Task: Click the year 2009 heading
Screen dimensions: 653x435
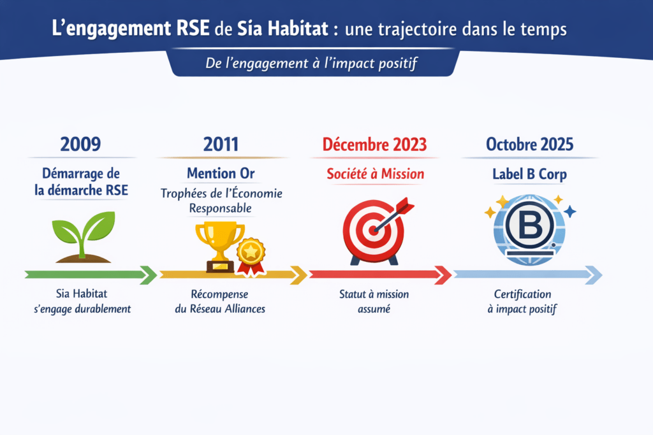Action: point(80,145)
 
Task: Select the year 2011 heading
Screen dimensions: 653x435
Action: point(221,145)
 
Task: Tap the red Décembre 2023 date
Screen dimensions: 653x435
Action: point(374,145)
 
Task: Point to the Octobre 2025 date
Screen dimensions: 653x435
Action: point(530,145)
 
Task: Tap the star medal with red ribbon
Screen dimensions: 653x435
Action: point(251,256)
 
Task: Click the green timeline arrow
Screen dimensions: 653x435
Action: point(91,275)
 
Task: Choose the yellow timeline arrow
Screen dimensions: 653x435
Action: point(233,275)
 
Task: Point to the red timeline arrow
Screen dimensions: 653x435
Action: point(380,275)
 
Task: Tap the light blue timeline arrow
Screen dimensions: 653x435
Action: point(527,275)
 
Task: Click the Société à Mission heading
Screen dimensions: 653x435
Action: point(375,174)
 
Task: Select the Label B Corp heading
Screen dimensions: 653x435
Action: point(530,175)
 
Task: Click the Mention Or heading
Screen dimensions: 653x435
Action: point(221,173)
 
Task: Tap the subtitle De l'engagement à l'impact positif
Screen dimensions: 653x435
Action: point(311,63)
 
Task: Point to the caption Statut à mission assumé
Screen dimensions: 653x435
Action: point(374,301)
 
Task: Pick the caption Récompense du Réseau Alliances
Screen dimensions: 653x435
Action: point(220,301)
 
